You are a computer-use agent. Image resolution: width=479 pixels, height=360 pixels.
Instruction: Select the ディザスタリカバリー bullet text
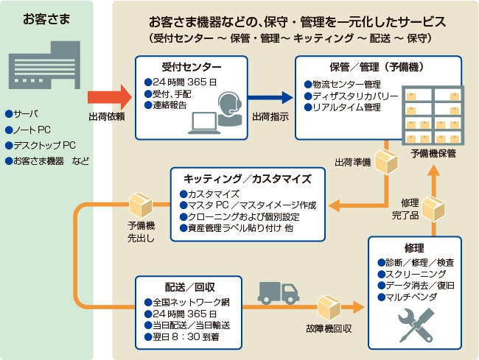[354, 96]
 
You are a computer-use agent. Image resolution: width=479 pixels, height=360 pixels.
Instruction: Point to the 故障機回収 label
[326, 329]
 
